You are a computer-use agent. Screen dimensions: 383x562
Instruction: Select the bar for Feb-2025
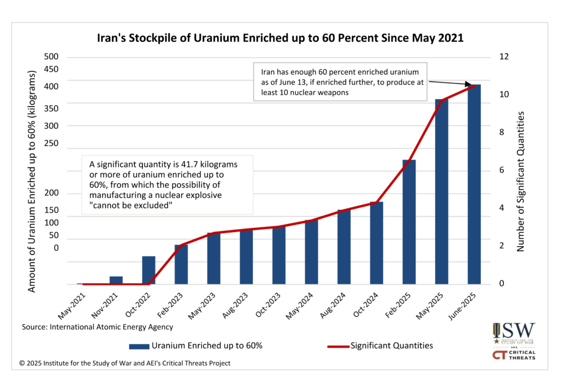point(409,222)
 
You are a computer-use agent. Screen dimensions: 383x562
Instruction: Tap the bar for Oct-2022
point(148,270)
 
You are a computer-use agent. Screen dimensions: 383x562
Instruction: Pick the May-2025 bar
point(442,191)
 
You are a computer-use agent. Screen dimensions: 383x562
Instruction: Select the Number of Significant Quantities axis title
point(521,181)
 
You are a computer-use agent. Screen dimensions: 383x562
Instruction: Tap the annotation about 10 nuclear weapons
point(340,82)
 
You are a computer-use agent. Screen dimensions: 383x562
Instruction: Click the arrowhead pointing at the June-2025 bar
point(473,86)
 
